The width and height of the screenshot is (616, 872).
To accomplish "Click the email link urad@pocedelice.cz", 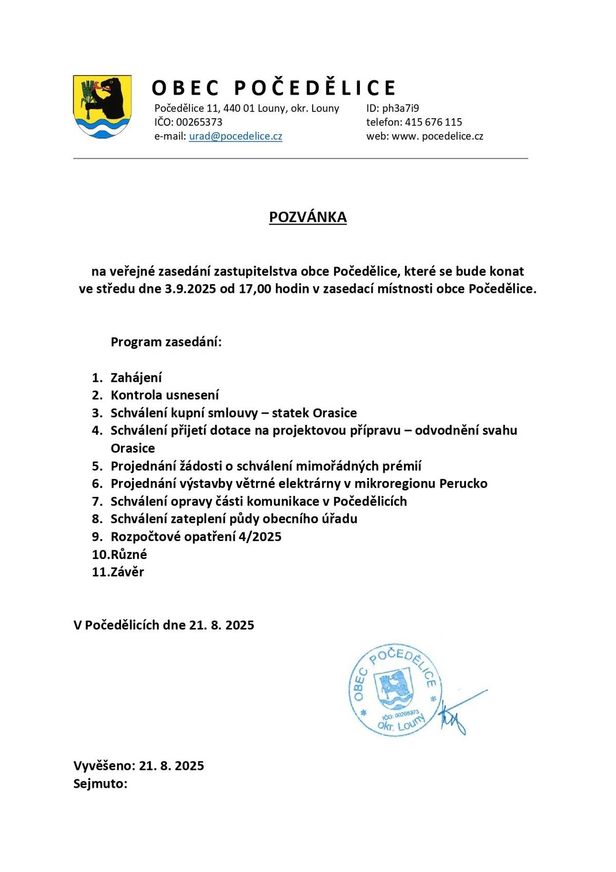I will (x=236, y=136).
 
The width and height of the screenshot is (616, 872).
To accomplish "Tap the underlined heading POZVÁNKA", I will (x=308, y=217).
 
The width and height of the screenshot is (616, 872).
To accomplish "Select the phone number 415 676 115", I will (x=433, y=122).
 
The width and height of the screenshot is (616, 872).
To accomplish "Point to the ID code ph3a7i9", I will (x=400, y=108).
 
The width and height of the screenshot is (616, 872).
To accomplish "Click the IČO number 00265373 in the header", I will (x=199, y=122).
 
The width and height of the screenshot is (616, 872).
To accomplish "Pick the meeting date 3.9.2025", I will (x=190, y=289).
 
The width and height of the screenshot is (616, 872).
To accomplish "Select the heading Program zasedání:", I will (x=166, y=342).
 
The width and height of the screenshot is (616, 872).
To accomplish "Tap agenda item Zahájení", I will (x=136, y=378).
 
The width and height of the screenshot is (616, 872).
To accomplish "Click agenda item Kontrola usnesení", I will (x=165, y=395).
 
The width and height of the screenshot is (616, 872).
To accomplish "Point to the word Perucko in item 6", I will (x=464, y=484).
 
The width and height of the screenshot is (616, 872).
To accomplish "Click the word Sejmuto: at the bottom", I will (x=100, y=784).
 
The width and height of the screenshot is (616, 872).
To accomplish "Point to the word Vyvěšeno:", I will (x=104, y=766).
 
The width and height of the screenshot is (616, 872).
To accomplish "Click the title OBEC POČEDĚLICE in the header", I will (x=274, y=88).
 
